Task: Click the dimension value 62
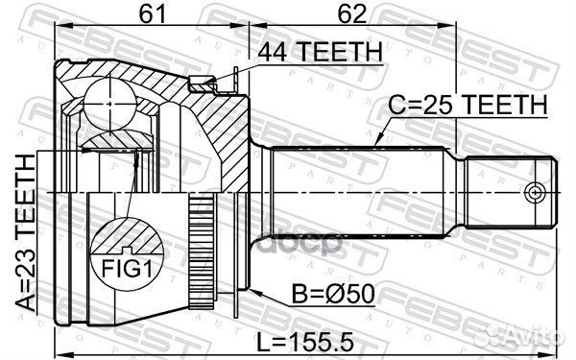click(x=352, y=14)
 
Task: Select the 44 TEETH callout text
click(x=320, y=52)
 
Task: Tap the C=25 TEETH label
click(x=468, y=105)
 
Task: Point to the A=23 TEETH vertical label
click(x=26, y=233)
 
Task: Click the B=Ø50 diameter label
click(x=333, y=295)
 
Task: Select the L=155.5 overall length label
click(x=305, y=342)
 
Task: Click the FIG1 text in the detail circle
click(x=127, y=269)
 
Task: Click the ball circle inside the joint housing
click(x=109, y=104)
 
